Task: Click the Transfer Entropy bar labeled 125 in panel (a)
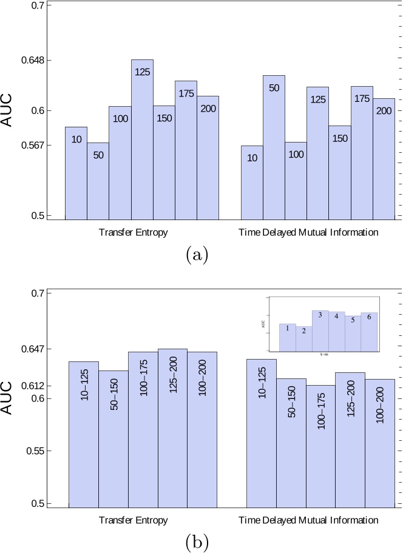[x=142, y=139]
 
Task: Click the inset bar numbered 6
[x=369, y=332]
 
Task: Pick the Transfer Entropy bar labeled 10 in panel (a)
[x=76, y=173]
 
